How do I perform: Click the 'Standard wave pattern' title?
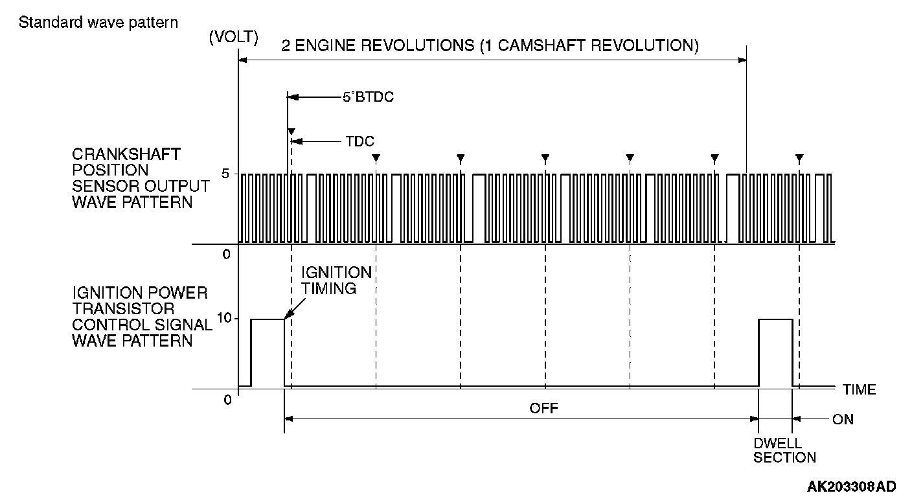click(98, 23)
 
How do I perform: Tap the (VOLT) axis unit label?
click(234, 38)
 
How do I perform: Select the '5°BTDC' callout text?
click(369, 98)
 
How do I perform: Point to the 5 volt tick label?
click(226, 174)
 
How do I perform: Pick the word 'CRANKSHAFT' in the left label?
click(126, 155)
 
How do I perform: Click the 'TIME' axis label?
click(859, 389)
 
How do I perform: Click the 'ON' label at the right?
click(843, 419)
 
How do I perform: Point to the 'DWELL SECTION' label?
click(784, 451)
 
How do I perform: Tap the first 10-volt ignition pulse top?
click(268, 319)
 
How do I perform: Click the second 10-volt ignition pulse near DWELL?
click(775, 319)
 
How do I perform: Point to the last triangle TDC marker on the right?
click(800, 157)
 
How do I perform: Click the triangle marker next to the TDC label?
click(291, 132)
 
